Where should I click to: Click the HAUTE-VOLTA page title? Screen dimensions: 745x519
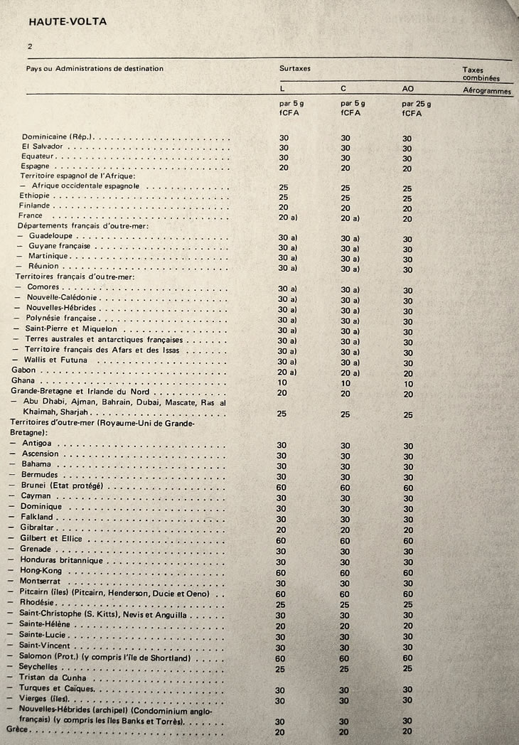pos(68,21)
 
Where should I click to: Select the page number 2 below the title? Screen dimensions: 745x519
pos(31,46)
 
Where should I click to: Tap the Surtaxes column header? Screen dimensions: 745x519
pos(295,69)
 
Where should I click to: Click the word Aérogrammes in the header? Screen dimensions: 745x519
pos(487,90)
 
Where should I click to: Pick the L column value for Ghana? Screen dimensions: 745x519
pos(282,382)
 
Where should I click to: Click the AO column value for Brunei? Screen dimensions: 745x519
pos(408,487)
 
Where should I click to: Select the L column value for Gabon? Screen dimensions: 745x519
pos(287,372)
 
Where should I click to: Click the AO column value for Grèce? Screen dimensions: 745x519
pos(407,732)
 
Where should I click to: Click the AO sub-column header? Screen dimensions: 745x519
pos(408,90)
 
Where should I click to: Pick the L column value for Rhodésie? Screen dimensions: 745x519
pos(282,604)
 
